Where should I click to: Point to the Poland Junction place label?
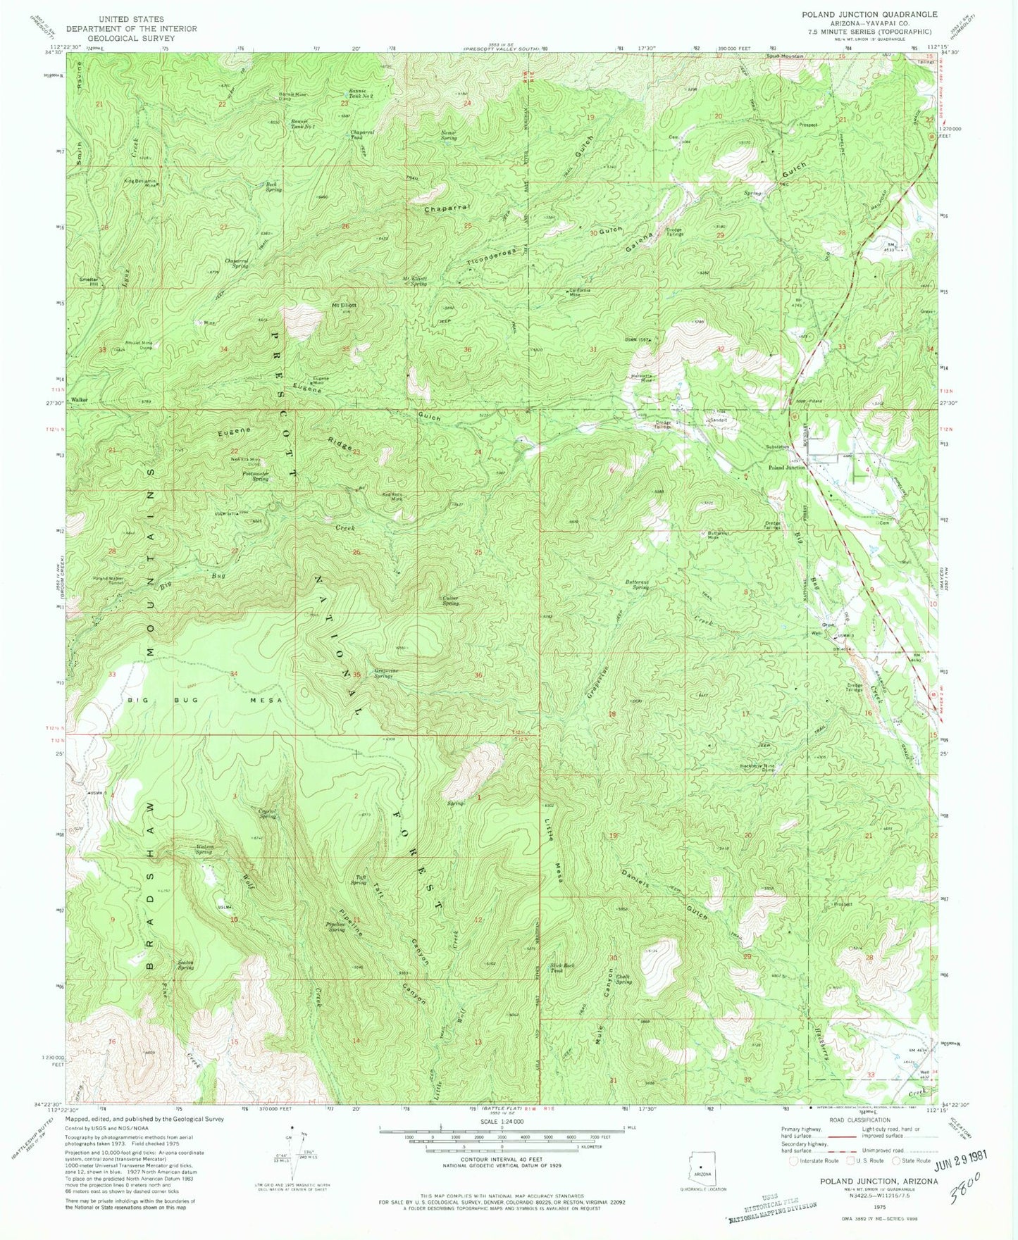coord(786,468)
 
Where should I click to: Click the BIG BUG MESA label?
coord(205,701)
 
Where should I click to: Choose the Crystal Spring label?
coord(266,813)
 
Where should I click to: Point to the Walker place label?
coord(79,399)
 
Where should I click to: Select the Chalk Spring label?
coord(623,979)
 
